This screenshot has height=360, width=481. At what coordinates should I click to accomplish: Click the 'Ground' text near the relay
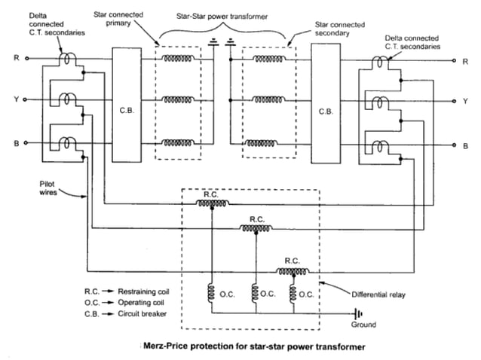pos(365,325)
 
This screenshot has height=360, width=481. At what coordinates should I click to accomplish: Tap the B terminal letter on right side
pos(464,144)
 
